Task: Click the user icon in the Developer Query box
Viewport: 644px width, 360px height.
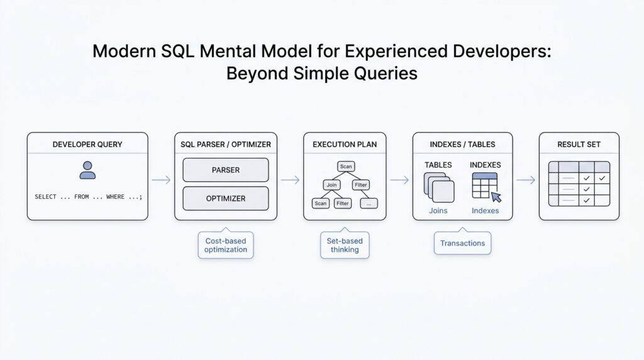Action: (x=87, y=170)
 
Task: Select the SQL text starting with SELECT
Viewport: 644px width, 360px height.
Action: (x=88, y=197)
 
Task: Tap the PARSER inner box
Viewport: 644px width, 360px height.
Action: (x=225, y=170)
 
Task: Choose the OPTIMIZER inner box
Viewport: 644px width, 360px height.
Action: (x=225, y=198)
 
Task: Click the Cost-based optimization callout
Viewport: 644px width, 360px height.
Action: (x=226, y=245)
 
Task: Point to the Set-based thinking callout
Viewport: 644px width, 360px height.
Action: (x=344, y=245)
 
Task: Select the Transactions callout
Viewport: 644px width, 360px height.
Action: (x=462, y=243)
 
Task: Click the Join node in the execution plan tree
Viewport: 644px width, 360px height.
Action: (x=331, y=185)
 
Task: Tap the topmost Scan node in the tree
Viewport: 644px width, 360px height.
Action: (x=345, y=166)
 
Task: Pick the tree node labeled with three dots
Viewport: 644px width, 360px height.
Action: (x=369, y=203)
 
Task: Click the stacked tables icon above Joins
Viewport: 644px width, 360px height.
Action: (x=438, y=188)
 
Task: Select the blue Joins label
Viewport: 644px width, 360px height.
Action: (x=438, y=211)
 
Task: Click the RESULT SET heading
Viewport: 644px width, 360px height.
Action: (x=579, y=144)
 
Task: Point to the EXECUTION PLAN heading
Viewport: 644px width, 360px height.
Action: (x=345, y=144)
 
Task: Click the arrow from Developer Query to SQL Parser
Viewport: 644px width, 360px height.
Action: (x=161, y=180)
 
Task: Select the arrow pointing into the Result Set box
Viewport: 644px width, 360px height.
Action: (x=525, y=180)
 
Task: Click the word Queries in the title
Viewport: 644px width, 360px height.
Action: (x=386, y=73)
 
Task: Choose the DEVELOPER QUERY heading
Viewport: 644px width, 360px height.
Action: (x=87, y=144)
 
